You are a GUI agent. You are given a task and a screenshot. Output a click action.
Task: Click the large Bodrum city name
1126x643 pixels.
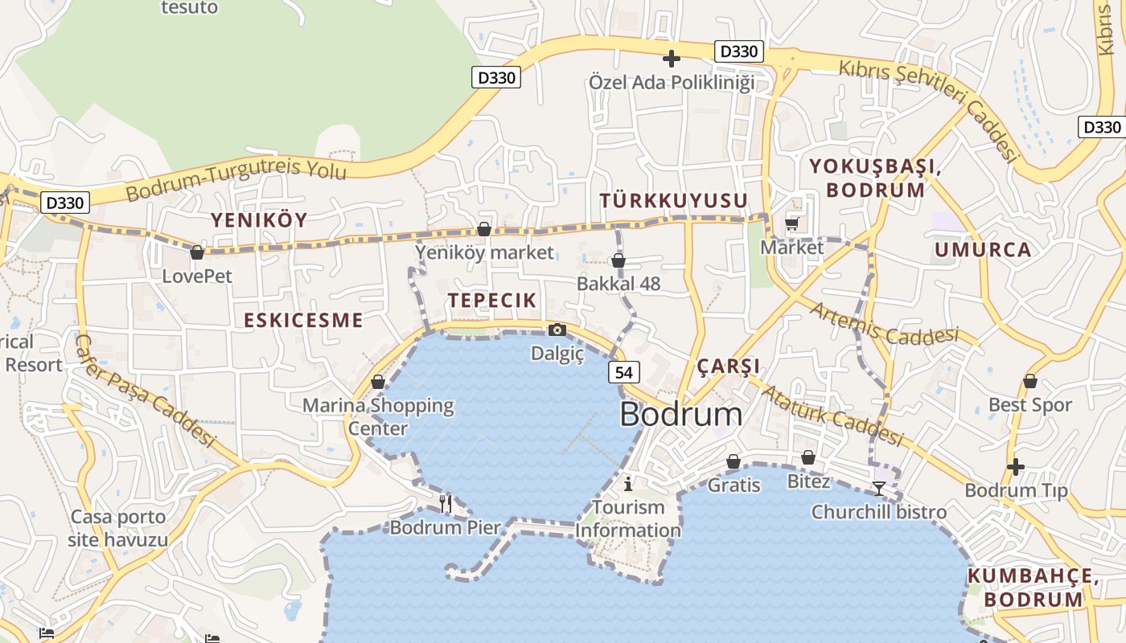pos(680,414)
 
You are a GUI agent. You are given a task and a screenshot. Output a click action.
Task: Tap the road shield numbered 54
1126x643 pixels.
pos(624,372)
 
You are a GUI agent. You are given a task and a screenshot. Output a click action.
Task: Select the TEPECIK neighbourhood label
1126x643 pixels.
pos(491,301)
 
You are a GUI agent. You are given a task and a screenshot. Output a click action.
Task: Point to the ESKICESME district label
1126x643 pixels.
pos(303,320)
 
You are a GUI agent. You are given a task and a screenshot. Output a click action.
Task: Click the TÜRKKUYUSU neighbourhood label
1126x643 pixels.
pos(674,200)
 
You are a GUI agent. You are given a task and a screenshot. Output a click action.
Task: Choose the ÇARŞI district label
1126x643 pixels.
pos(728,367)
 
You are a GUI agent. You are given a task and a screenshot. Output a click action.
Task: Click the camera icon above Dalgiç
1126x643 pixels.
pos(557,330)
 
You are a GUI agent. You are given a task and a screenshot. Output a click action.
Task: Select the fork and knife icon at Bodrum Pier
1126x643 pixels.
pos(446,503)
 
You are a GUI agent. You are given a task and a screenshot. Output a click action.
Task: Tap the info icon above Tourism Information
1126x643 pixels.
pos(628,484)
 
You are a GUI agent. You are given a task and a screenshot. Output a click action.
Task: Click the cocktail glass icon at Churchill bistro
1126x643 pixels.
pos(879,488)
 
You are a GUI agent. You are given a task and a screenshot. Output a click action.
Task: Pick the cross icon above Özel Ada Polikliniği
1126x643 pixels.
pos(671,59)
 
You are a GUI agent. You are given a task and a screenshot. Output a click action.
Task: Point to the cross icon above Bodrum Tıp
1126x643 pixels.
pos(1016,466)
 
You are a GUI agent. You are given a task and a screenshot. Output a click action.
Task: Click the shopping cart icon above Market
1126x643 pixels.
pos(792,224)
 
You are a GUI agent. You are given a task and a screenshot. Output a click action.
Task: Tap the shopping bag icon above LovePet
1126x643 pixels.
pos(197,253)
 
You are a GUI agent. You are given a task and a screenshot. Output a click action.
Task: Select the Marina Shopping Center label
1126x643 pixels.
pos(378,416)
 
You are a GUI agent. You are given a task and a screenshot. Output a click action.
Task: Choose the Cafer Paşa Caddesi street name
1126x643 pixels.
pos(145,391)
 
